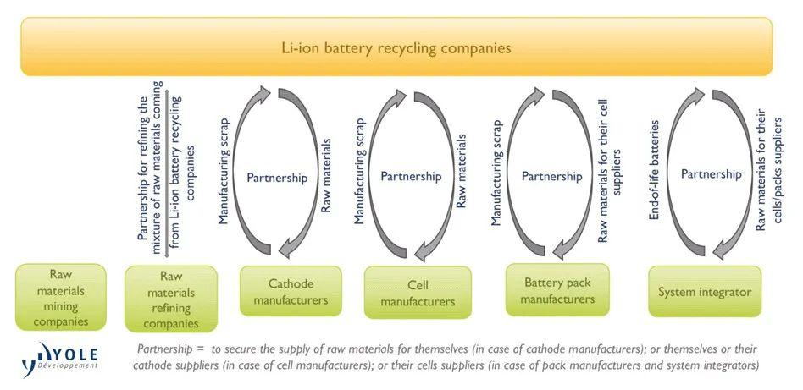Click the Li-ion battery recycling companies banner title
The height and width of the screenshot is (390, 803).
pos(396,48)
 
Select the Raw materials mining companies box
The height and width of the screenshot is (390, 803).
pos(61,297)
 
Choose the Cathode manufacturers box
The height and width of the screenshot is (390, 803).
pos(291,291)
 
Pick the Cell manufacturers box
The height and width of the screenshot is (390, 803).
pos(417,293)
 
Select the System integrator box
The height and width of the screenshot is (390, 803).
pos(705,292)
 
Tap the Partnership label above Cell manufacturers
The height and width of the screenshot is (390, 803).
pos(411,177)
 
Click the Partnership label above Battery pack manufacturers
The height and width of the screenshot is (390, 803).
pos(551,177)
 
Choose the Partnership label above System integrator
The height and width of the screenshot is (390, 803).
pos(711,174)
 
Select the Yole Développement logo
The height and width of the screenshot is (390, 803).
pos(60,356)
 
